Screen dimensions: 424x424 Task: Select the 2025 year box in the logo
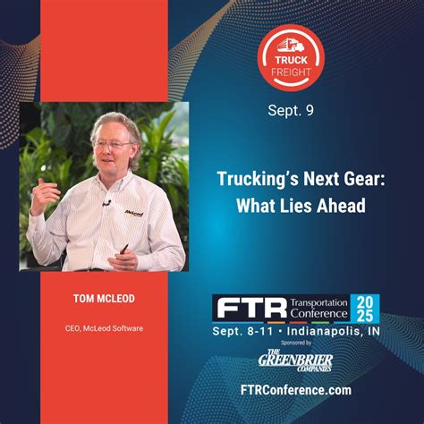tap(366, 308)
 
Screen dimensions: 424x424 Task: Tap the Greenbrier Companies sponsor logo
tap(295, 362)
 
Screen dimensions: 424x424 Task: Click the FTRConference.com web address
tap(295, 390)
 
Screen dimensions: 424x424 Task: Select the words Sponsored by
tap(295, 343)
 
